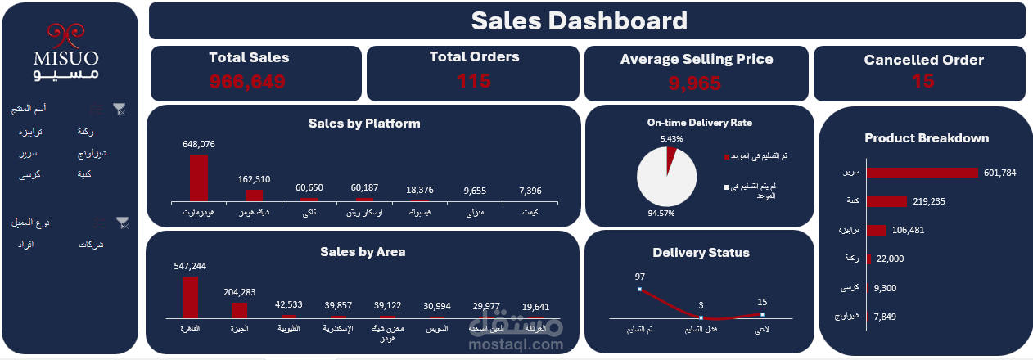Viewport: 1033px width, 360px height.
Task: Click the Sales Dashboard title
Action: point(580,21)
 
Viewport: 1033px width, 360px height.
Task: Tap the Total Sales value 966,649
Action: point(248,82)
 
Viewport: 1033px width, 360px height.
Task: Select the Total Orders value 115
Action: point(474,81)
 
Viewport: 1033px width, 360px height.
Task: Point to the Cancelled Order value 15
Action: point(922,81)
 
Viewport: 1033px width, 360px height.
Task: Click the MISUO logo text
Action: point(66,59)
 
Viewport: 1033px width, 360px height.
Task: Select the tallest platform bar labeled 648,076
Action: point(199,178)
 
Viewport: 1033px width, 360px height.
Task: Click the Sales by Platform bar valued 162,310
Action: point(255,195)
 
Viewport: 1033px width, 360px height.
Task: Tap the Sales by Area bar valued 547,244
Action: point(190,296)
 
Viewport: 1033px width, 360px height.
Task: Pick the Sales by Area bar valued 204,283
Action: point(239,309)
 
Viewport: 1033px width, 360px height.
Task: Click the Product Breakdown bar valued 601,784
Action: point(922,173)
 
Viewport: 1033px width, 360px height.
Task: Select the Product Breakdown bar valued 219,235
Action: point(886,201)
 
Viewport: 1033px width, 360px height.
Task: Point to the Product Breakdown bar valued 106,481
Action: point(877,231)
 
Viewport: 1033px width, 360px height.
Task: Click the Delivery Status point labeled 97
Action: point(638,289)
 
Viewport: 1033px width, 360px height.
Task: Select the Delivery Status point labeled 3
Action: point(701,317)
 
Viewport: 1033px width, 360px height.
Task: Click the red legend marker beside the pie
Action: point(725,156)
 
